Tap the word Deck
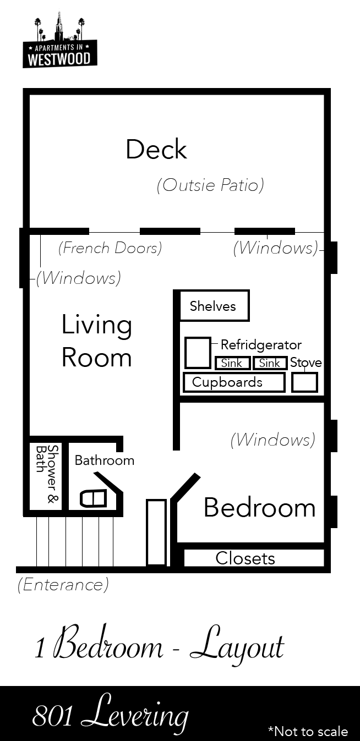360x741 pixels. pos(156,150)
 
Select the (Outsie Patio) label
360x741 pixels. pos(210,185)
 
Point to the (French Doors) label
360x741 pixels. pos(110,248)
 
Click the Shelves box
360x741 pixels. pos(214,306)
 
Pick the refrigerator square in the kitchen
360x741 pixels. pos(197,353)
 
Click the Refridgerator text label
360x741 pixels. pos(261,345)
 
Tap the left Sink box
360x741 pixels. pos(232,363)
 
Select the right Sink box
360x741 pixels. pos(270,363)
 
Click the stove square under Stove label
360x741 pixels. pos(304,382)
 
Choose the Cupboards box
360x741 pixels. pos(233,382)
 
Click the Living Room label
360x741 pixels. pos(96,341)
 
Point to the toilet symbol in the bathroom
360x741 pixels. pos(92,498)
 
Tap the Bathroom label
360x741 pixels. pos(104,460)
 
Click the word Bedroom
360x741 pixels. pos(259,507)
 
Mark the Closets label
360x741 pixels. pos(245,558)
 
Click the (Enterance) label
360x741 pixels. pos(63,584)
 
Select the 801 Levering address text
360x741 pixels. pos(110,716)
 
